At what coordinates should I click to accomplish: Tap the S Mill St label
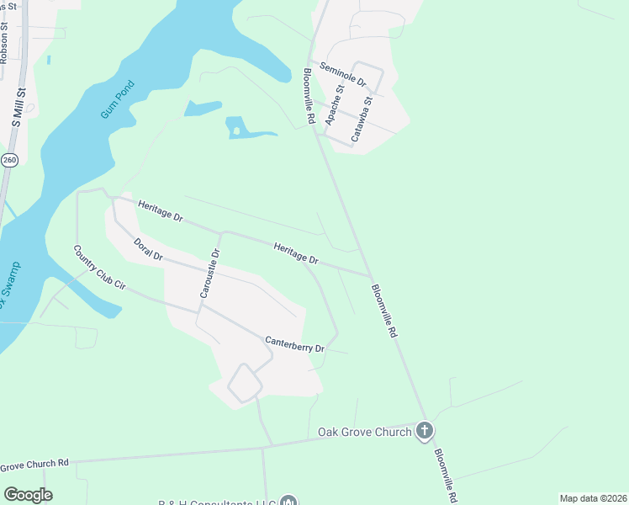coord(16,101)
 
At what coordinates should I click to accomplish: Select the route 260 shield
coord(9,160)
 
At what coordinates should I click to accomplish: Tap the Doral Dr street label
coord(148,249)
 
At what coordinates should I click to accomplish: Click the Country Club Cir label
coord(99,268)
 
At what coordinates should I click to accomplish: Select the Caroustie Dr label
coord(209,274)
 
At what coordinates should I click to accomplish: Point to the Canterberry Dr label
coord(294,344)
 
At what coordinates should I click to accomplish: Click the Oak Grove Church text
coord(364,432)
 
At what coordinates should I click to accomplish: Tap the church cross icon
coord(425,432)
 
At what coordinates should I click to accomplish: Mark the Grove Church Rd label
coord(34,465)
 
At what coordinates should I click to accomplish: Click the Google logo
coord(28,495)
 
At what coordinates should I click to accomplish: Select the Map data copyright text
coord(593,498)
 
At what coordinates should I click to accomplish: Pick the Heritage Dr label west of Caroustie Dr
coord(160,211)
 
